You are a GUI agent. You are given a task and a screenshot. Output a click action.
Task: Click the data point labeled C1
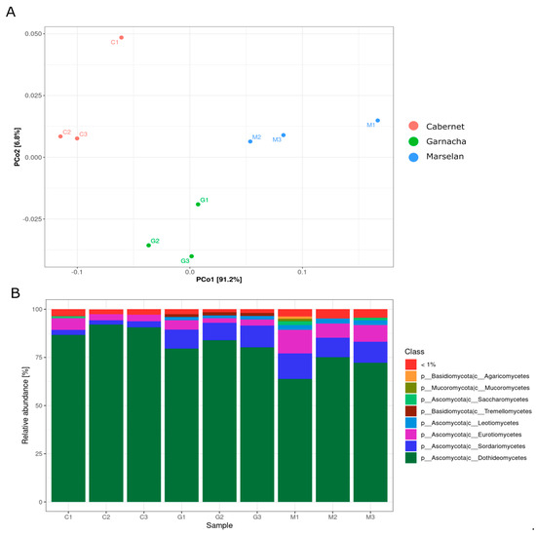point(121,38)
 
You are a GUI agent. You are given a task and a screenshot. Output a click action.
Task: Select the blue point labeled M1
point(378,121)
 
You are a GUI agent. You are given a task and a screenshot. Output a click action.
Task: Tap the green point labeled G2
point(148,245)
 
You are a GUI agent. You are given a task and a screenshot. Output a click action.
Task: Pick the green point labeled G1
point(197,204)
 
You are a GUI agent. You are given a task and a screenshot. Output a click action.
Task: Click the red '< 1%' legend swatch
point(412,364)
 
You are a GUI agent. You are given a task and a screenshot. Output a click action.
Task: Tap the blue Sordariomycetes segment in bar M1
point(294,366)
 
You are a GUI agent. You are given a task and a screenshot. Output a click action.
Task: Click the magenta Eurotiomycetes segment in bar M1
point(294,341)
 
